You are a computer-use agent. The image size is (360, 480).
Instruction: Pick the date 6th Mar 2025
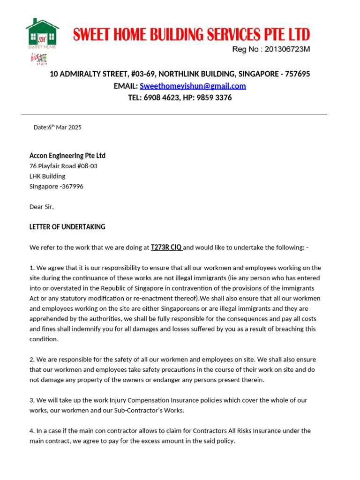[64, 127]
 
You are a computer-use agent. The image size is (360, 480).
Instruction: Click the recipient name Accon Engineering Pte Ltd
[67, 156]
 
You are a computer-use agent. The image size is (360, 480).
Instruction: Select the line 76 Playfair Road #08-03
[63, 166]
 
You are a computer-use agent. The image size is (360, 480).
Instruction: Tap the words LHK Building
[47, 176]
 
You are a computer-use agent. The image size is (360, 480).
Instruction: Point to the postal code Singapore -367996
[56, 186]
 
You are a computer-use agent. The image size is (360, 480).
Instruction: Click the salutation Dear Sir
[41, 207]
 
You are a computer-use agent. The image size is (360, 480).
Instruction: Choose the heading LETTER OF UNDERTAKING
[67, 227]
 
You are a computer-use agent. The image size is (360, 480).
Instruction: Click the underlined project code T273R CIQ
[166, 247]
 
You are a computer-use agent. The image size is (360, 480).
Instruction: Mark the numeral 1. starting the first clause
[32, 268]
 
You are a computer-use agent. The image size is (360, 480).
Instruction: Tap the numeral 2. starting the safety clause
[32, 360]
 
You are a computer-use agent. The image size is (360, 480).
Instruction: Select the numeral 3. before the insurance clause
[32, 400]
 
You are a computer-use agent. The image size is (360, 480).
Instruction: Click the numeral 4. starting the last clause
[32, 431]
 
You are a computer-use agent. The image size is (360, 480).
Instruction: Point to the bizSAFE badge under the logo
[39, 59]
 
